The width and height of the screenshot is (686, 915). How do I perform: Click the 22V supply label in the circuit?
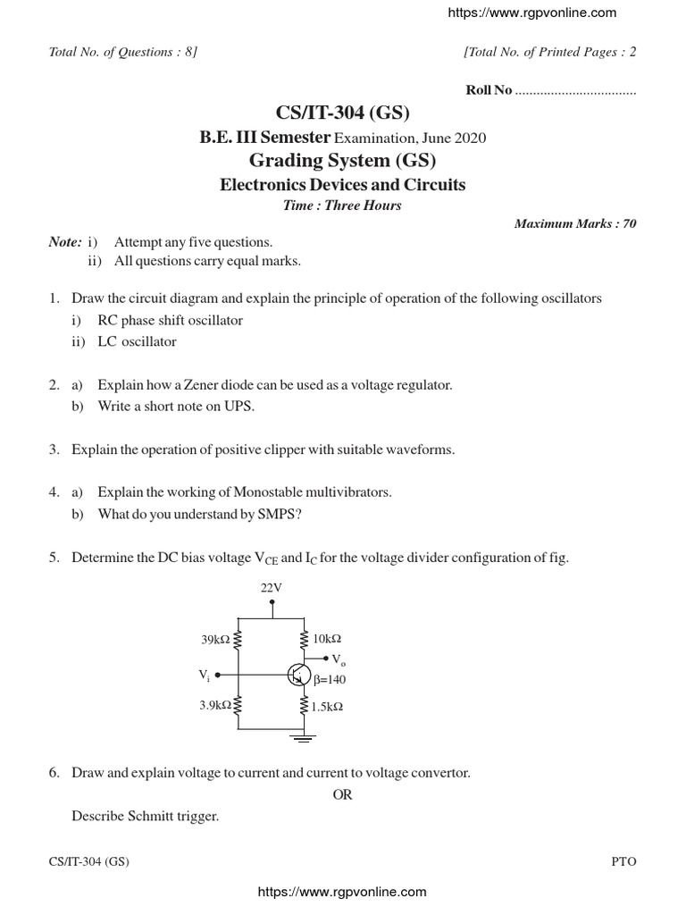point(272,587)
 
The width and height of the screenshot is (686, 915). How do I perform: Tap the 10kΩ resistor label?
point(327,640)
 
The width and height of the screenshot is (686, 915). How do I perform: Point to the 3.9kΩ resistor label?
point(215,705)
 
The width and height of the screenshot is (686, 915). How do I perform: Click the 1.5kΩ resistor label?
point(328,706)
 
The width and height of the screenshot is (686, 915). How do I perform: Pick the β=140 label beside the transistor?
point(330,679)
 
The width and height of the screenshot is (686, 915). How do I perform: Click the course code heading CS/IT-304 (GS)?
point(343,112)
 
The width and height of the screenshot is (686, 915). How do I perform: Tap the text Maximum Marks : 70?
point(575,223)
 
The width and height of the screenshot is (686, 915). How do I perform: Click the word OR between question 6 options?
point(343,794)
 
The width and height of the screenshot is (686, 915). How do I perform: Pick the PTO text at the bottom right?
point(623,861)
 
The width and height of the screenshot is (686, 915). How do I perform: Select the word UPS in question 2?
point(238,407)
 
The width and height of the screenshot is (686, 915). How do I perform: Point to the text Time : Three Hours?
point(343,206)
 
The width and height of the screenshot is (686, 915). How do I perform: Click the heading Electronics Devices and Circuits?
point(343,185)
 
